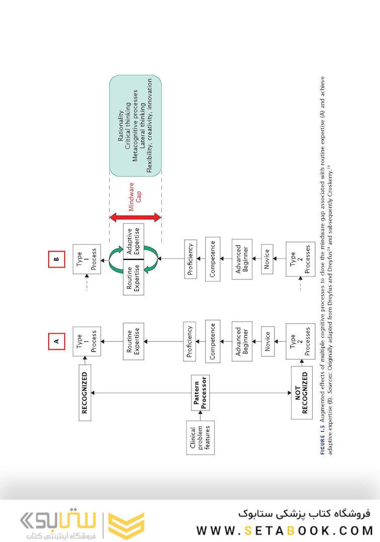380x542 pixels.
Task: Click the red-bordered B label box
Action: [56, 259]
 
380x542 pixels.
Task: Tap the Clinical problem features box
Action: [200, 438]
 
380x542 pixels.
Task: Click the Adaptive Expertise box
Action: [133, 241]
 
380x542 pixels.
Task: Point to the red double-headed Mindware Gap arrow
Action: [135, 217]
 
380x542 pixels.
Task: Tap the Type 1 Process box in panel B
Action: [85, 259]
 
